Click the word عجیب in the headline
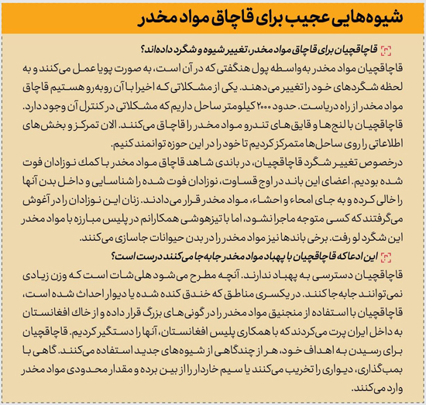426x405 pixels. [x=310, y=18]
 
